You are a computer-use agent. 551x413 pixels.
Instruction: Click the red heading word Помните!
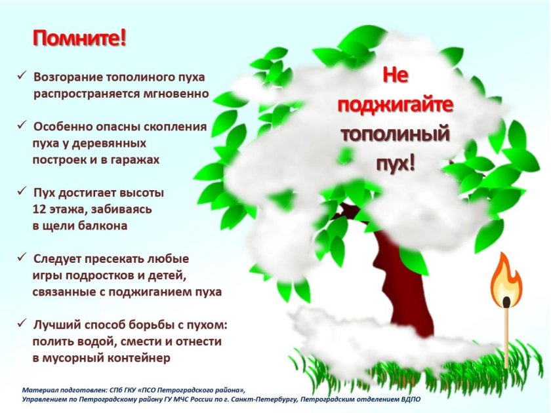(x=79, y=37)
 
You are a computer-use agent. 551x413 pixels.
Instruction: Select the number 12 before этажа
(x=39, y=210)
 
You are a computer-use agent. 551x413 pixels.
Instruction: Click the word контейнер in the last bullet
(x=140, y=358)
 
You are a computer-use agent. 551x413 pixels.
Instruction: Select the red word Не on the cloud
(x=395, y=75)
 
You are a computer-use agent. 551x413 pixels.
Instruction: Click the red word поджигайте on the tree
(x=395, y=104)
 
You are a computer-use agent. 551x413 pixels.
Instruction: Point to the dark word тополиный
(x=395, y=134)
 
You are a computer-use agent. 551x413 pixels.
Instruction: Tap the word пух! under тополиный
(x=395, y=163)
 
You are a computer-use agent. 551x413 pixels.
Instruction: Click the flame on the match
(x=506, y=280)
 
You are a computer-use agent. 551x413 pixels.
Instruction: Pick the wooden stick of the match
(x=506, y=334)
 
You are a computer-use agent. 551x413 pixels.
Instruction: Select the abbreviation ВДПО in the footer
(x=410, y=399)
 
